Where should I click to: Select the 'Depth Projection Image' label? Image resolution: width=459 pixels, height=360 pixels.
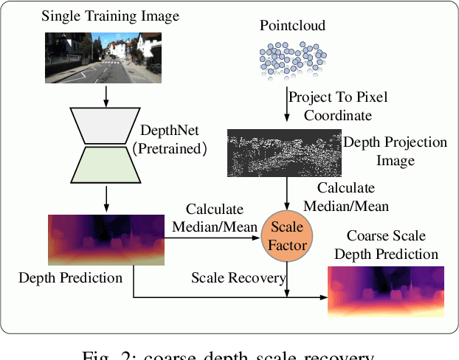pos(396,149)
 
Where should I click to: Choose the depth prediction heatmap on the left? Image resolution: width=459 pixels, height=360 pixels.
pos(106,239)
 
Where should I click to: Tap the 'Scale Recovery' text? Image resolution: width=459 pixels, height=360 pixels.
pos(238,278)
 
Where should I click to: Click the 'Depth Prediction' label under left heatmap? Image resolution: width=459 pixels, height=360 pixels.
pos(70,278)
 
